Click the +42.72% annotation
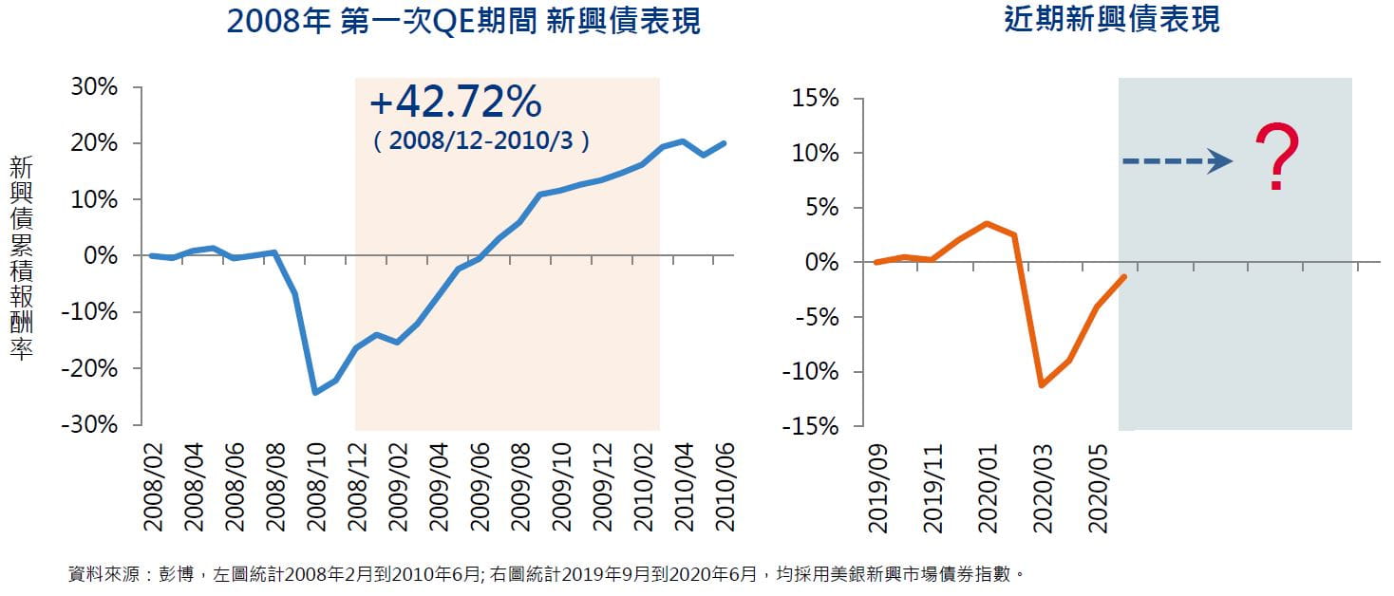[x=455, y=101]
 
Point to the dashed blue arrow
[x=1177, y=162]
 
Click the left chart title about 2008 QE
[x=464, y=21]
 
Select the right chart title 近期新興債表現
[x=1112, y=19]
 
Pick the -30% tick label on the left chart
[x=88, y=424]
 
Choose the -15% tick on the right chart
[x=810, y=427]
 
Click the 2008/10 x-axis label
[x=315, y=490]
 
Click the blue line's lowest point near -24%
[x=315, y=392]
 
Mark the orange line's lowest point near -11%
[x=1042, y=384]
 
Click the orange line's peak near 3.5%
[x=988, y=223]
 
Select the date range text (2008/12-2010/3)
[x=481, y=141]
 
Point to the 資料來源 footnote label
[x=99, y=574]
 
